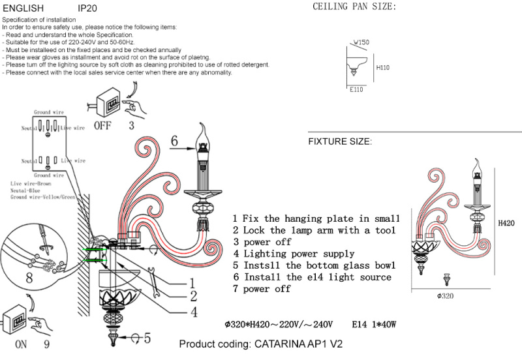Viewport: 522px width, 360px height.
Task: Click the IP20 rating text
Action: [x=87, y=9]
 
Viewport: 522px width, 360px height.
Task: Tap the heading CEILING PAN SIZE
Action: [x=354, y=7]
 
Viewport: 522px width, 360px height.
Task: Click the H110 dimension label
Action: [x=383, y=67]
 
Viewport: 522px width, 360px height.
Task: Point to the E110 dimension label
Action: [x=356, y=90]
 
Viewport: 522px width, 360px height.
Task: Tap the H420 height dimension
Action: [x=506, y=223]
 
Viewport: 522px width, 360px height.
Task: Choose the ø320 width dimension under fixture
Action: [x=445, y=296]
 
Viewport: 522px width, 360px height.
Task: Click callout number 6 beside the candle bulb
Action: [x=174, y=141]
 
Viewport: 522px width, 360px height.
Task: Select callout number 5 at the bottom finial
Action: [x=147, y=338]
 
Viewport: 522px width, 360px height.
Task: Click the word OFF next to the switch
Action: [x=102, y=126]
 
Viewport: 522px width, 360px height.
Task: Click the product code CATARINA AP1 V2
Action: [x=260, y=344]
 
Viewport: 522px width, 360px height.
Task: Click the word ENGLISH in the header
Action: [x=23, y=9]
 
